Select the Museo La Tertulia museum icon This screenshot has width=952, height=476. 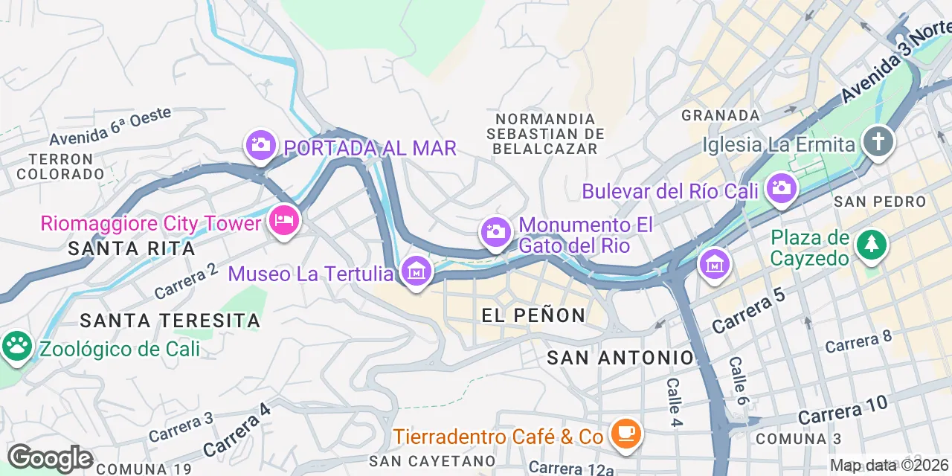click(x=416, y=272)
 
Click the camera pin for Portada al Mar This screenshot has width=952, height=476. click(x=260, y=145)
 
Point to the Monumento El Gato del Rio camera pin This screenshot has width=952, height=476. click(x=495, y=232)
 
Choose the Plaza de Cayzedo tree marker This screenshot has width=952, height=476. click(x=872, y=245)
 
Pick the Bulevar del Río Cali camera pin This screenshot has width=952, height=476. click(x=781, y=188)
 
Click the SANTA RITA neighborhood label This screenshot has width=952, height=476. click(x=132, y=248)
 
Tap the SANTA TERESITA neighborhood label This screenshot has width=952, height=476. click(x=170, y=321)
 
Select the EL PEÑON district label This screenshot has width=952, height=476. click(x=533, y=315)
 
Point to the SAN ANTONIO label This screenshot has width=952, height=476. click(x=620, y=358)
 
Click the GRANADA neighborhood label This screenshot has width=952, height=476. click(x=721, y=115)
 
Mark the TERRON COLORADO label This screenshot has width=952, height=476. click(x=60, y=167)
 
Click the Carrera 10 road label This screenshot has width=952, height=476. click(x=843, y=410)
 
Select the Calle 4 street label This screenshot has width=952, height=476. click(x=674, y=402)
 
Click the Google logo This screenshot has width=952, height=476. click(x=49, y=458)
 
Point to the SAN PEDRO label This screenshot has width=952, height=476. click(x=880, y=202)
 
